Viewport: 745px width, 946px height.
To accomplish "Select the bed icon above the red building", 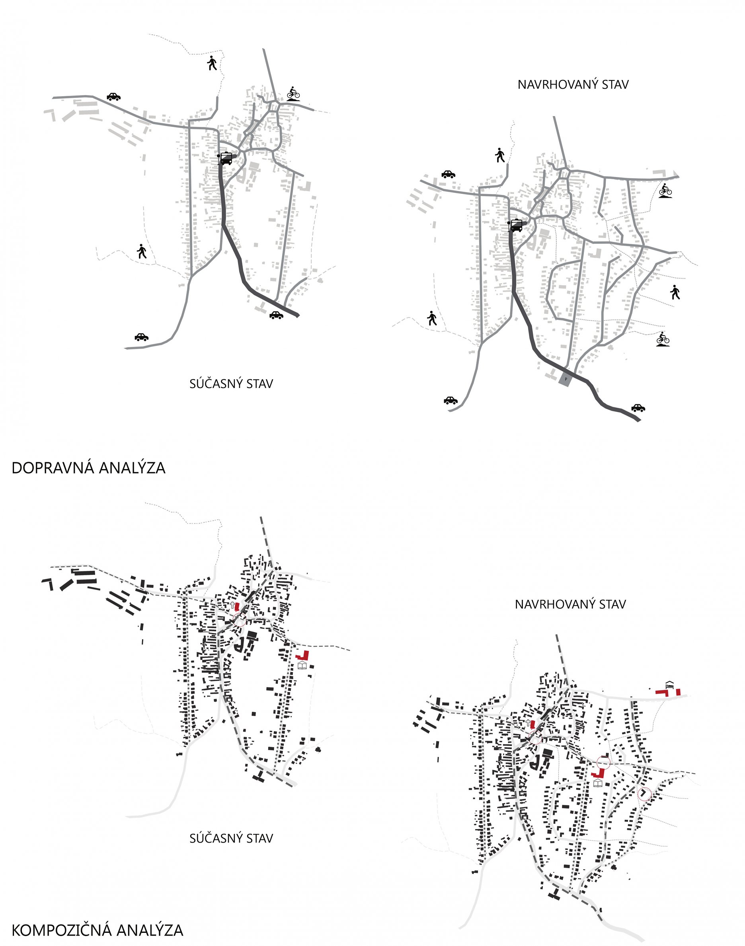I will pos(669,683).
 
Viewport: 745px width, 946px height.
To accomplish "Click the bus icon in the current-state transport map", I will pos(226,158).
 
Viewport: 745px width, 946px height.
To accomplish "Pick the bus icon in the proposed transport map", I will pos(516,226).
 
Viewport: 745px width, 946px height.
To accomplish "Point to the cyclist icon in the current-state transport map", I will pos(294,93).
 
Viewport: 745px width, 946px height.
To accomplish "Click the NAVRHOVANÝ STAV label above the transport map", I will pos(573,85).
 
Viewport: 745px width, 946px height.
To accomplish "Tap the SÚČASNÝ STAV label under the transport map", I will pos(231,383).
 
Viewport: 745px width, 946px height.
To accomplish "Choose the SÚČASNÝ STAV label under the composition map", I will pos(231,838).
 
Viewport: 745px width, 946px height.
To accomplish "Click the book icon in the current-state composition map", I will pos(302,666).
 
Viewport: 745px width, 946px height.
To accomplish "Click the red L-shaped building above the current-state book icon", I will pos(303,655).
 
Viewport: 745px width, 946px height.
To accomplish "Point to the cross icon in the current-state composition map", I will pos(232,605).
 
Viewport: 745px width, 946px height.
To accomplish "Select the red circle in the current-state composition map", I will pos(239,620).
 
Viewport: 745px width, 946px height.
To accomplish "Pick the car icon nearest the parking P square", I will pos(638,408).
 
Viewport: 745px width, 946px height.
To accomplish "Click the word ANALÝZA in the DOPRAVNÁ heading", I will pos(132,468).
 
